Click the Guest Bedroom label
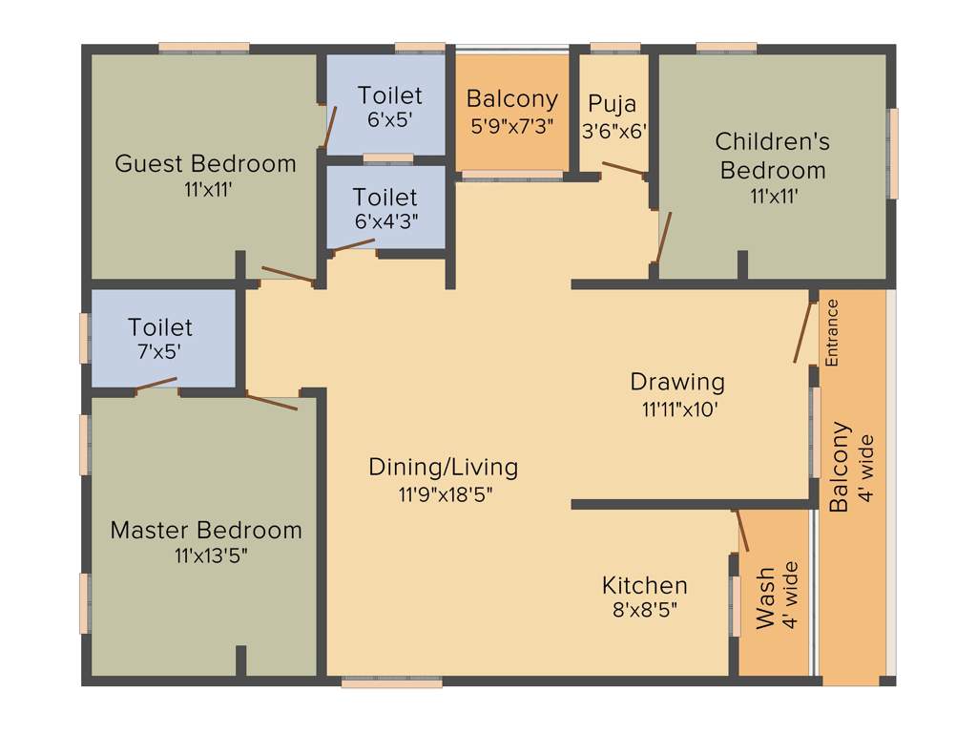point(205,163)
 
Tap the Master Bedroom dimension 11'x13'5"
point(205,555)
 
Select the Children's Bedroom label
point(773,156)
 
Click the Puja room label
point(612,103)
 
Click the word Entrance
point(832,333)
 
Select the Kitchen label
point(645,585)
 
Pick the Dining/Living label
point(444,467)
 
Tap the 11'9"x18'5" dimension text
point(444,494)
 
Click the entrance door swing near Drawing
point(803,333)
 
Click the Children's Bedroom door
point(664,237)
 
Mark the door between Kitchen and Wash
point(741,531)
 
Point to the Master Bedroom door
point(272,401)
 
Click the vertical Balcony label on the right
point(839,468)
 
